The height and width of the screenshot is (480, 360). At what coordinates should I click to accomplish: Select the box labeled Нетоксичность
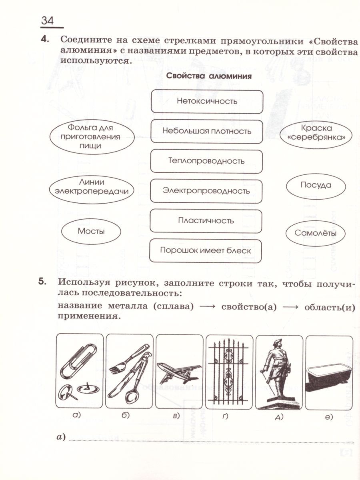(207, 101)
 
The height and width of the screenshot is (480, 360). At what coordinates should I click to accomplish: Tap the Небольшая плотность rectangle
(207, 131)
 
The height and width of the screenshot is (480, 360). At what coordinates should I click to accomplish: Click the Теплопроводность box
(207, 161)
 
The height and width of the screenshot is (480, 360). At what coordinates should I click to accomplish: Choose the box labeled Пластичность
(206, 221)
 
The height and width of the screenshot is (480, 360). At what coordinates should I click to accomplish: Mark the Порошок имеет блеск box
(205, 251)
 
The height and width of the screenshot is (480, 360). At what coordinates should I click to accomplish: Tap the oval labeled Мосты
(91, 231)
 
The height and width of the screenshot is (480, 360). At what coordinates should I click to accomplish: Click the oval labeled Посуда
(316, 185)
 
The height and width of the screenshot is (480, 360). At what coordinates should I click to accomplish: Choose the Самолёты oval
(315, 233)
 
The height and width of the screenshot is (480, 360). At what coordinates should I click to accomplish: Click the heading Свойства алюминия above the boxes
(209, 76)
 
